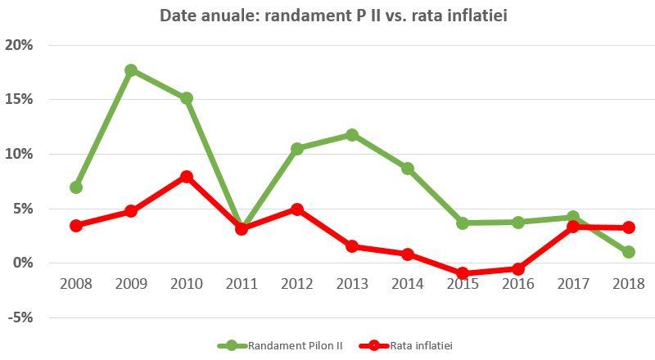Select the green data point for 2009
click(131, 70)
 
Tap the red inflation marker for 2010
click(187, 177)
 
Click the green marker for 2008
click(76, 187)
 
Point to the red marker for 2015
click(463, 273)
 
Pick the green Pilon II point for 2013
click(352, 134)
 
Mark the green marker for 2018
click(628, 252)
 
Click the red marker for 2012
click(297, 209)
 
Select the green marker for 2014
click(408, 169)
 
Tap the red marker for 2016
click(518, 268)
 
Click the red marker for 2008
click(76, 226)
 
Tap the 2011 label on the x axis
click(242, 284)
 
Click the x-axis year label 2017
click(573, 284)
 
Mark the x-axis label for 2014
click(408, 284)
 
